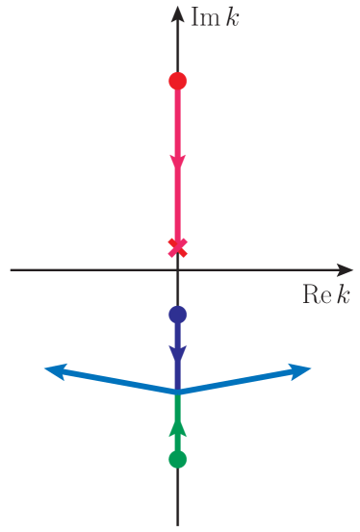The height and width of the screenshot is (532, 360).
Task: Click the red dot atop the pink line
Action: pyautogui.click(x=177, y=81)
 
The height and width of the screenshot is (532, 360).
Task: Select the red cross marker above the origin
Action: pyautogui.click(x=177, y=247)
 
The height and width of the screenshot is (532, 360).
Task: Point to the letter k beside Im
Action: pyautogui.click(x=232, y=18)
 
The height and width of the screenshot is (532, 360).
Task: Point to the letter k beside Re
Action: pyautogui.click(x=342, y=295)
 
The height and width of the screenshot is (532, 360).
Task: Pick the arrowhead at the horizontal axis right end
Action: pyautogui.click(x=345, y=270)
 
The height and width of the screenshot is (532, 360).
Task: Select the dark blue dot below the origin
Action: pyautogui.click(x=177, y=314)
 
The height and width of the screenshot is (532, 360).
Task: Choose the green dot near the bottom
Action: pyautogui.click(x=177, y=459)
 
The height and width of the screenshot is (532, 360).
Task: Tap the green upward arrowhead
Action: pyautogui.click(x=177, y=426)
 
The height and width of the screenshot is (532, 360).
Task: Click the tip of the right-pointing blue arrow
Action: pyautogui.click(x=309, y=368)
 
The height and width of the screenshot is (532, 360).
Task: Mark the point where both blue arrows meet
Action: pyautogui.click(x=177, y=393)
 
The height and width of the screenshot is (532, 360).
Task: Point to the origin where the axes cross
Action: pyautogui.click(x=177, y=270)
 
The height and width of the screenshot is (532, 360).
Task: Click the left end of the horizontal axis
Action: pyautogui.click(x=13, y=270)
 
